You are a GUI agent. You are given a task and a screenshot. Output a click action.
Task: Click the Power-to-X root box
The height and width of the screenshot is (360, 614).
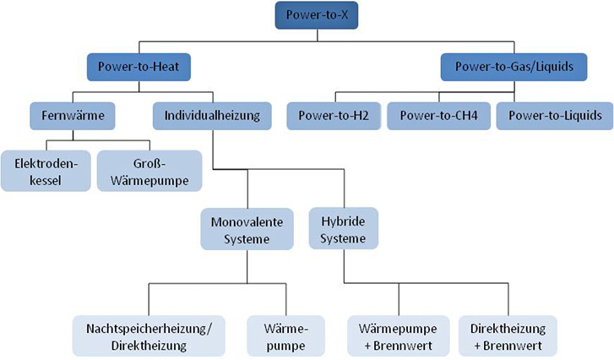[317, 15]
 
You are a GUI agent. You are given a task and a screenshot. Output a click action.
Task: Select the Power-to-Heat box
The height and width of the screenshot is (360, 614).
[139, 67]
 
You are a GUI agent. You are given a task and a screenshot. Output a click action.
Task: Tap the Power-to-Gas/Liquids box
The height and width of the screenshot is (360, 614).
[513, 67]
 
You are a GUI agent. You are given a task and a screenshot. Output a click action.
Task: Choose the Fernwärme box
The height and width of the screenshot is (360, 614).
[73, 116]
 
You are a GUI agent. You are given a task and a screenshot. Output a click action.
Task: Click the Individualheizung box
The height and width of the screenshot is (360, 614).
[212, 116]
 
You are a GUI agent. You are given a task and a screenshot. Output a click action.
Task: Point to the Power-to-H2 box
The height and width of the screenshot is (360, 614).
[334, 116]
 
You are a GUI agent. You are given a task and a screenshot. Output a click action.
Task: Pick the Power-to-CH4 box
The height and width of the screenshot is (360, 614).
[438, 116]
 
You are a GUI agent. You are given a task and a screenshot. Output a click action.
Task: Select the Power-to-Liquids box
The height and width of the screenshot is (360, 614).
[555, 116]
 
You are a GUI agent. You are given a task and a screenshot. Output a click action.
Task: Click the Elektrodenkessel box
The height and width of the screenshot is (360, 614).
[46, 171]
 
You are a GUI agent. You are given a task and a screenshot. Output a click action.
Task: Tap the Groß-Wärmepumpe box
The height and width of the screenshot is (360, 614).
[149, 171]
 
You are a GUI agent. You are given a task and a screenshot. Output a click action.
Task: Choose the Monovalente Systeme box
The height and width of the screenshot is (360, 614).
[247, 229]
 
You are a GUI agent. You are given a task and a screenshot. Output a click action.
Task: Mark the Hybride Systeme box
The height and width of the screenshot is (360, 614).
[344, 228]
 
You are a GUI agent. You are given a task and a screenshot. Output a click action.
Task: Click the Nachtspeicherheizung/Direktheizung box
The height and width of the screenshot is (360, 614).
[149, 336]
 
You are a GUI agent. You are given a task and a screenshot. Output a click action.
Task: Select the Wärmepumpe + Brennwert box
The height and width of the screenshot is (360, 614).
[399, 336]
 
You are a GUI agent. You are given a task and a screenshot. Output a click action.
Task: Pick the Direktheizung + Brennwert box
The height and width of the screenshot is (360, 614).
[508, 336]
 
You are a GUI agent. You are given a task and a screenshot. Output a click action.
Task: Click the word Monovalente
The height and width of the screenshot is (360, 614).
[247, 222]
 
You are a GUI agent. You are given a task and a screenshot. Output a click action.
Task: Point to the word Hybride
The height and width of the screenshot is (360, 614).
[344, 221]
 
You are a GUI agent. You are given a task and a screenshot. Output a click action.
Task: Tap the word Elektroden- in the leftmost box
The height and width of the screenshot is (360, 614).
[46, 163]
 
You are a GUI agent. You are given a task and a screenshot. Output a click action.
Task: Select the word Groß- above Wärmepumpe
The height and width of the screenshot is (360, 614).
[149, 163]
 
